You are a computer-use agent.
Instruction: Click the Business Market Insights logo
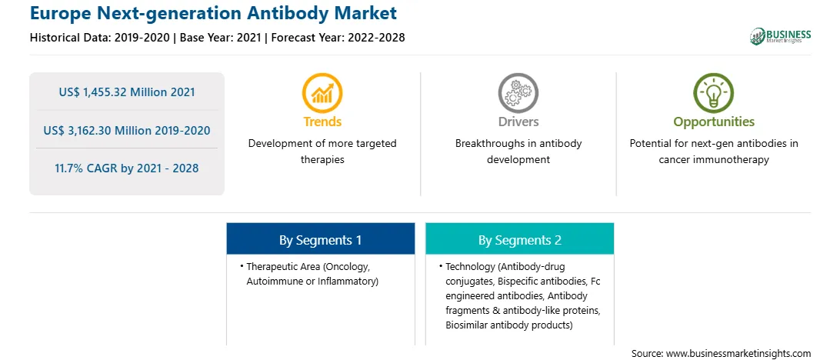point(781,36)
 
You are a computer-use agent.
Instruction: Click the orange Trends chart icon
point(322,92)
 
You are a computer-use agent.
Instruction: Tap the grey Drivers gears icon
point(518,92)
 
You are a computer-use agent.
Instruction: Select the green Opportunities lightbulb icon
point(714,92)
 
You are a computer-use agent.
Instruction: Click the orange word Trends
point(322,122)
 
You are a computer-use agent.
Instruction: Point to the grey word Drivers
point(518,122)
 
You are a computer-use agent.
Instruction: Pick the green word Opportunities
point(714,122)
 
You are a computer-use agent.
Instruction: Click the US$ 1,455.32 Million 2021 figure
point(127,92)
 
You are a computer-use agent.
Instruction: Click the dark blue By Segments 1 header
point(320,240)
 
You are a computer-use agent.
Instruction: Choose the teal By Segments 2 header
point(520,240)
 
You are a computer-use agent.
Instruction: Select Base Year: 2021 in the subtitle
point(220,37)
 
